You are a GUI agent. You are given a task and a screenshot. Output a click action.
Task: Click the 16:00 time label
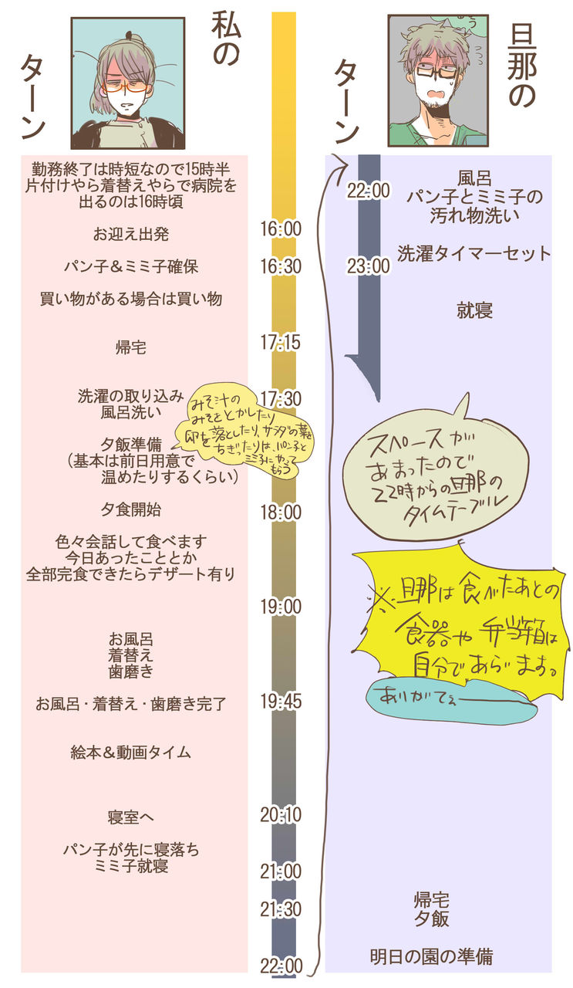(x=280, y=229)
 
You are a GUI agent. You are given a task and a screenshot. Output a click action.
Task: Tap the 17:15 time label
(x=280, y=343)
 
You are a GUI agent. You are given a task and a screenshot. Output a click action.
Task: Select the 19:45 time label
(x=280, y=702)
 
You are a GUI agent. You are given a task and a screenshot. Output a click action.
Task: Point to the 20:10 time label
(x=280, y=814)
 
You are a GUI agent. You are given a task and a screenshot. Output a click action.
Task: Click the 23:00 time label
(x=368, y=267)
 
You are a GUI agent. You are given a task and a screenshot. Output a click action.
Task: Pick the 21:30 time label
(x=280, y=909)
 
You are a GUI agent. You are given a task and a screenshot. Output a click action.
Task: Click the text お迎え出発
(x=130, y=234)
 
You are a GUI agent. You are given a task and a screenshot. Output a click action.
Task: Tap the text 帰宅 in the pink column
(x=130, y=347)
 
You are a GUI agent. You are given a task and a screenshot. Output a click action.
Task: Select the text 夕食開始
(x=130, y=509)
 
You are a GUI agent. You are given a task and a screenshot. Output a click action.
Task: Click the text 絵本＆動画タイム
(x=130, y=753)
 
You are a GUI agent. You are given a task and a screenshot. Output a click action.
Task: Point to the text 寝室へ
(x=130, y=816)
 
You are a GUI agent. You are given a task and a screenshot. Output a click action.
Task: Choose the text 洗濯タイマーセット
(x=474, y=253)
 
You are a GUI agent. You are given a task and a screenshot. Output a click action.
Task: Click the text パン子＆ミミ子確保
(x=130, y=266)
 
